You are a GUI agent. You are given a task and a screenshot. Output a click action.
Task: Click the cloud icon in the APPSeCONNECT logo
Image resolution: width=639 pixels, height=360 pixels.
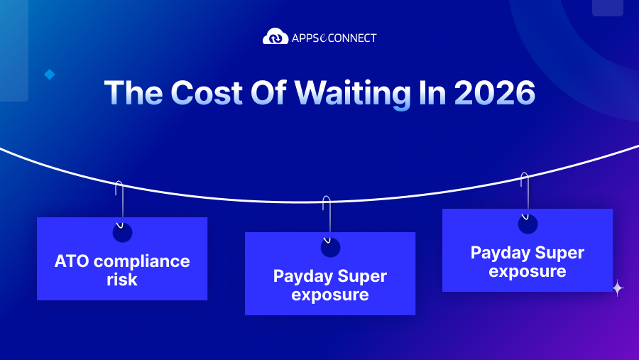click(275, 36)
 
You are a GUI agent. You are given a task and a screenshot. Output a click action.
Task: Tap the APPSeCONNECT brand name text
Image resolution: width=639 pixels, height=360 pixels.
click(334, 37)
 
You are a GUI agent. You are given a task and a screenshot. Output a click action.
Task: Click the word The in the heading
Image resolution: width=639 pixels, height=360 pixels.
click(131, 93)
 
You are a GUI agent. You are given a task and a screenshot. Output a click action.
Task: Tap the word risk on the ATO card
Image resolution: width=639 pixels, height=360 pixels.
click(121, 280)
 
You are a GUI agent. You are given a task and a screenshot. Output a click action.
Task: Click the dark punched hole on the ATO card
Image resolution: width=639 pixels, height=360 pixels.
click(122, 232)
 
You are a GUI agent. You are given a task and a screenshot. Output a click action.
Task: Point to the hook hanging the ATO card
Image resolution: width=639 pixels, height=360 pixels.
click(119, 202)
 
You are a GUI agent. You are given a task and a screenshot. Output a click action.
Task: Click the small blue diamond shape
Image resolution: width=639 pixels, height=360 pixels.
click(50, 74)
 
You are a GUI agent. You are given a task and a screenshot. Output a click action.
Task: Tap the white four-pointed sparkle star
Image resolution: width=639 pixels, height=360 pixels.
click(618, 288)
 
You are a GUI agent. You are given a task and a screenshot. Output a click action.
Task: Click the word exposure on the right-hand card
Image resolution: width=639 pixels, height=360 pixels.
click(527, 271)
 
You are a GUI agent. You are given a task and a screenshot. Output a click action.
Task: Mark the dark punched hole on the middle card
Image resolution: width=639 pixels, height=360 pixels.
click(330, 247)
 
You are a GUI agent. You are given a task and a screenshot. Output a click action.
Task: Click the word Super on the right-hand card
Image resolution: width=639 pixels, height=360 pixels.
click(560, 253)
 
